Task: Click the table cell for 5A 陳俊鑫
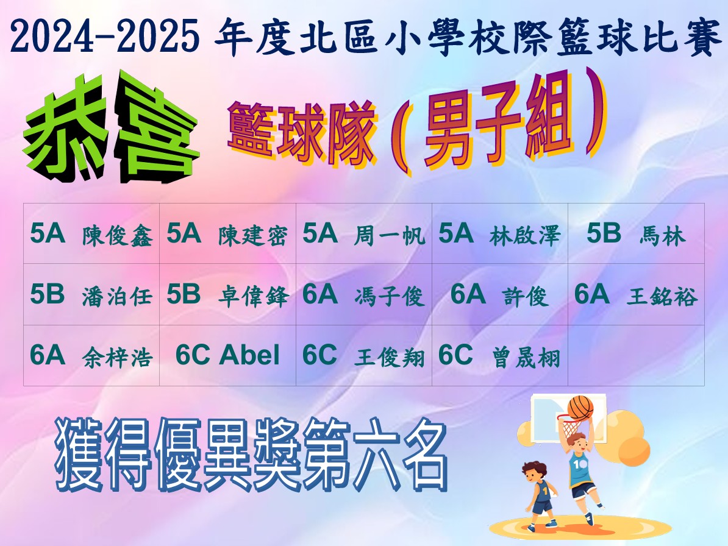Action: coord(91,234)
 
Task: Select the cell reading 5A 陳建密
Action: coord(228,234)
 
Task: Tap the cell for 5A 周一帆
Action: coord(364,234)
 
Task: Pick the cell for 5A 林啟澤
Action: coord(500,234)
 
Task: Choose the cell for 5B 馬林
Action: coord(636,234)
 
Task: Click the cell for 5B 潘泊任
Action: coord(91,294)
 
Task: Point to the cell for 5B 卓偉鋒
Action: coord(228,294)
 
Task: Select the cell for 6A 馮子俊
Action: coord(364,294)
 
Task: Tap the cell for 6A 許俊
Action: coord(500,294)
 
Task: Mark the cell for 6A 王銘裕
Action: coord(636,294)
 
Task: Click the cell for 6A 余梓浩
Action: coord(91,355)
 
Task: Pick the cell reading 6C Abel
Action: coord(228,355)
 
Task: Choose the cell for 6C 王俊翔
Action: coord(364,355)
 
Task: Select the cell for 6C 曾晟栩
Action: coord(500,355)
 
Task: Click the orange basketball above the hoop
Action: coord(580,408)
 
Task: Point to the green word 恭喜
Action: coord(112,127)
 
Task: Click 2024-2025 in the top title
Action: coord(104,37)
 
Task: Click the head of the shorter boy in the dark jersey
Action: coord(534,472)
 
